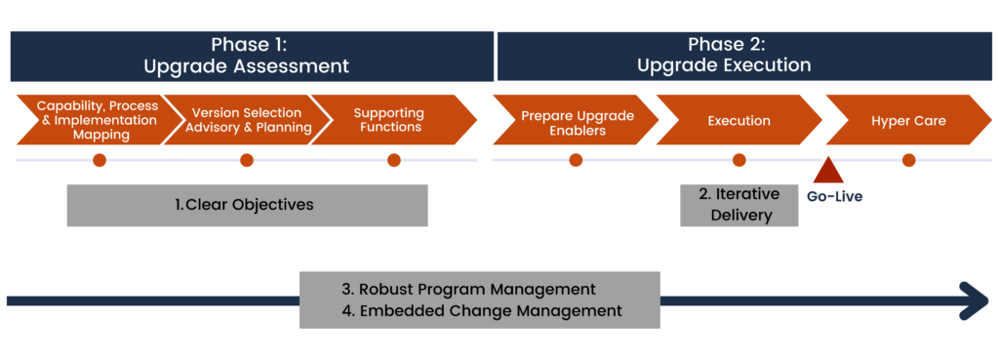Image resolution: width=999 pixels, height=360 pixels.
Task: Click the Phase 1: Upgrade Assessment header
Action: point(252,56)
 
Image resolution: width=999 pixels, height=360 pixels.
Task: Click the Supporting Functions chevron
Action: point(387,120)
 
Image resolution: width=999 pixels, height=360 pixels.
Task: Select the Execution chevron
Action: point(739,120)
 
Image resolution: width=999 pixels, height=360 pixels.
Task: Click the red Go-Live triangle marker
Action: point(828,173)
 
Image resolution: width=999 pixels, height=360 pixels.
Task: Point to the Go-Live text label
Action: point(834,196)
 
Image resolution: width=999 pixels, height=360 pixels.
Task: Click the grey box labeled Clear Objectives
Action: point(247,205)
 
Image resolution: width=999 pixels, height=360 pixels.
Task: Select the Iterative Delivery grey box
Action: point(739,205)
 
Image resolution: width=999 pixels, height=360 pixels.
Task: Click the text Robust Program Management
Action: point(468,290)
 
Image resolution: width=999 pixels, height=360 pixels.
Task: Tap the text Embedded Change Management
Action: point(481,311)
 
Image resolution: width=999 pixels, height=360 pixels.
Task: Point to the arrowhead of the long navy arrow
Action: point(976,300)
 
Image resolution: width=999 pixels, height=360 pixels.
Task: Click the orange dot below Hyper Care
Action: point(908,160)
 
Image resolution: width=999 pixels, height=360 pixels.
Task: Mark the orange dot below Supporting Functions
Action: point(394,160)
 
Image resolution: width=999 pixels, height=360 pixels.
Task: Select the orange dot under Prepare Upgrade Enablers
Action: point(576,160)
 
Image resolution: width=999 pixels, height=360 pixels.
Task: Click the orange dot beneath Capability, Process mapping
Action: point(99,160)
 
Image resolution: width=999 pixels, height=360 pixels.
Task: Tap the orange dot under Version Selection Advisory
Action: point(247,160)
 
